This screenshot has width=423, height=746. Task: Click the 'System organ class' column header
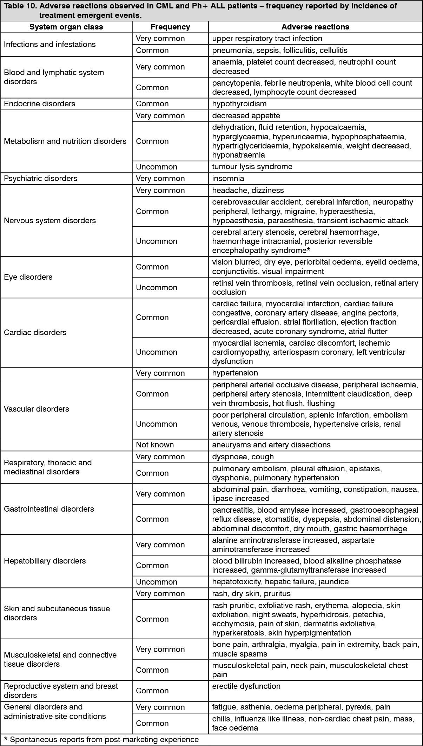pos(66,27)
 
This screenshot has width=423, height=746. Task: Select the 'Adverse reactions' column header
pos(315,27)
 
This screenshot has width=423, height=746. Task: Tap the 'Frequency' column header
pos(170,27)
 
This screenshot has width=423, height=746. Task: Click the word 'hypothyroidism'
pos(239,104)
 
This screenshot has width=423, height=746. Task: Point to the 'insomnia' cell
pos(228,179)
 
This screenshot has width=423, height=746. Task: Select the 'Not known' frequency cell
pos(155,445)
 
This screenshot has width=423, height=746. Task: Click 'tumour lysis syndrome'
pos(252,167)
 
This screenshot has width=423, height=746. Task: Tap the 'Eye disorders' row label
pos(28,277)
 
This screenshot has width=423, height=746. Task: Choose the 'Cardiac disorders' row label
pos(35,333)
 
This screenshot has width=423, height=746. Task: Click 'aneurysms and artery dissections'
pos(271,445)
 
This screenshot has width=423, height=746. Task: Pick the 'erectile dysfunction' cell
pos(246,686)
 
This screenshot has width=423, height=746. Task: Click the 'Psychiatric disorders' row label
pos(40,179)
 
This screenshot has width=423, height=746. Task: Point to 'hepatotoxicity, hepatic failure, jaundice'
pos(280,582)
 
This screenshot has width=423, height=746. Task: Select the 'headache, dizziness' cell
pos(248,191)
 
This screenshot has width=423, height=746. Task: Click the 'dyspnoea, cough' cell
pos(243,457)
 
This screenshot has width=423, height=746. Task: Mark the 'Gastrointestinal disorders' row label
pos(49,509)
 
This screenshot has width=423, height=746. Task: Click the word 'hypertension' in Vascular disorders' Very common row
pos(235,373)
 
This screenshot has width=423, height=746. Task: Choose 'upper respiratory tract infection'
pos(267,39)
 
